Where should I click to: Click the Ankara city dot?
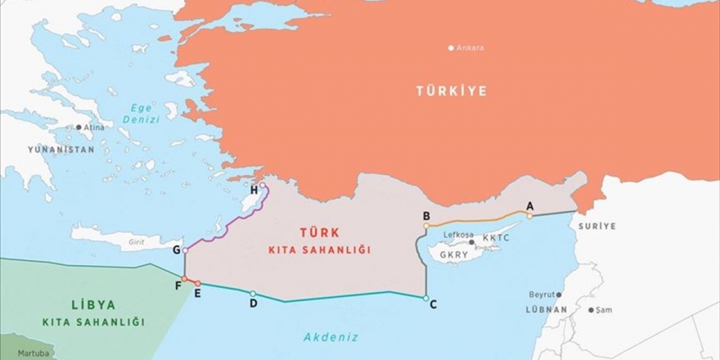[451, 47]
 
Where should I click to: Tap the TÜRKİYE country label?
[451, 91]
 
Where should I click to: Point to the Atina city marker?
[79, 127]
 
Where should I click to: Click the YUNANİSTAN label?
[61, 150]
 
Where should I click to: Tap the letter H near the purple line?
[254, 190]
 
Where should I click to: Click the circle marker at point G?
[186, 250]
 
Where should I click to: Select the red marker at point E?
[197, 283]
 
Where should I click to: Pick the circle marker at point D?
[253, 294]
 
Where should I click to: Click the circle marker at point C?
[425, 298]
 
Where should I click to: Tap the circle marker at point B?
[426, 225]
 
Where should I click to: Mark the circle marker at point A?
[529, 216]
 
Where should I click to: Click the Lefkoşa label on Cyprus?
[458, 235]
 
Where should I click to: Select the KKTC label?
[497, 238]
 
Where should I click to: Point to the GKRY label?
[454, 254]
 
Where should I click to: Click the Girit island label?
[130, 243]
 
